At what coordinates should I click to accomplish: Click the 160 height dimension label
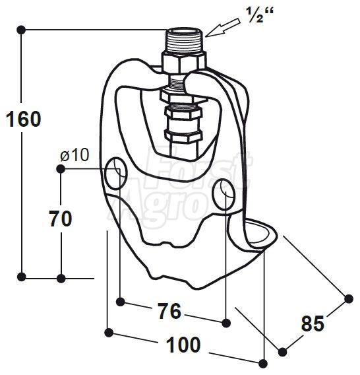tap(24, 119)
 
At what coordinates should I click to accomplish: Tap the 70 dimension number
tap(61, 219)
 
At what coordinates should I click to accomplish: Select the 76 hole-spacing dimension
tap(170, 311)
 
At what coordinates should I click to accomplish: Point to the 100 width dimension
tap(183, 345)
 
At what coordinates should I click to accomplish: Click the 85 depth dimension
tap(313, 324)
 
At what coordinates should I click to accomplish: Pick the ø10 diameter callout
tap(75, 155)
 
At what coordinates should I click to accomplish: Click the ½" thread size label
tap(260, 15)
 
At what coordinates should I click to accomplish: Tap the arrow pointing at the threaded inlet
tap(223, 28)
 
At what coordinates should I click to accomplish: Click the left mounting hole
tap(116, 174)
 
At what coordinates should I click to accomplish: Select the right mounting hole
tap(224, 193)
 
